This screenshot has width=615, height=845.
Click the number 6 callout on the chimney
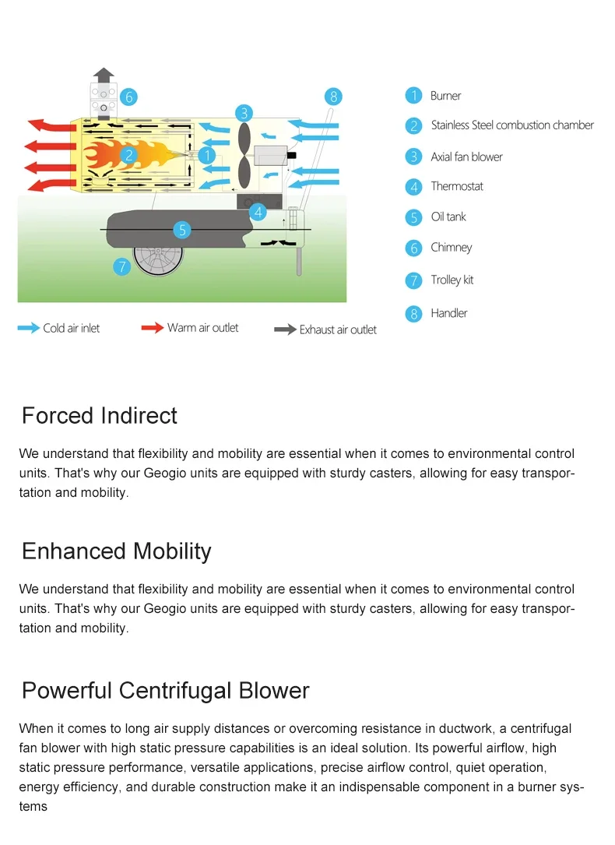pos(128,97)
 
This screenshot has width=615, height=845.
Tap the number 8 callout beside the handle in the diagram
pos(333,97)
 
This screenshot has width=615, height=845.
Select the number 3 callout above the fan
pos(244,113)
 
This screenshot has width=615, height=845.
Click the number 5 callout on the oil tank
pos(182,230)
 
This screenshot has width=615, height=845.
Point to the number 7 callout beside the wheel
pos(121,267)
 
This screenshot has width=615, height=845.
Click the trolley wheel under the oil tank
pos(158,261)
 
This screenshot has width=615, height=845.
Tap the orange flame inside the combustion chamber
pos(127,155)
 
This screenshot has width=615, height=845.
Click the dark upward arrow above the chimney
pos(104,74)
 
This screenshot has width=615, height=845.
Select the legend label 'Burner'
pos(445,96)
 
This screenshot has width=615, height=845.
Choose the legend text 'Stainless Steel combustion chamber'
pos(512,125)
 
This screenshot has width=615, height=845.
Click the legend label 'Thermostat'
pos(457,186)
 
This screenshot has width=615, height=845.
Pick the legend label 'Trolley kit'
pos(452,280)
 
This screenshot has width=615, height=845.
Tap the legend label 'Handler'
pos(448,313)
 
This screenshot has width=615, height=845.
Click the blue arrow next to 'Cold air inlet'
pos(29,328)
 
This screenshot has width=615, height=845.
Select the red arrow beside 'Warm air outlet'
pos(153,328)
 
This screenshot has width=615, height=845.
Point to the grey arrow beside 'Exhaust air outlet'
pos(286,329)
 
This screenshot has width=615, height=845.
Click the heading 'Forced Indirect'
pos(99,416)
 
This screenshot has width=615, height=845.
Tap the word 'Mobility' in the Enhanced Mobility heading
pos(172,552)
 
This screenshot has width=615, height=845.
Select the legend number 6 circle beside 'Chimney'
pos(413,248)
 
